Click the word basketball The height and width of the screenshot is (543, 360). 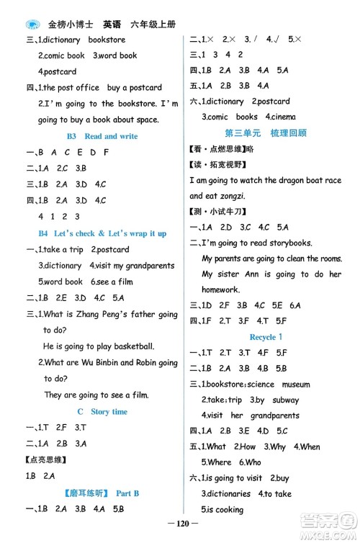point(145,346)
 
